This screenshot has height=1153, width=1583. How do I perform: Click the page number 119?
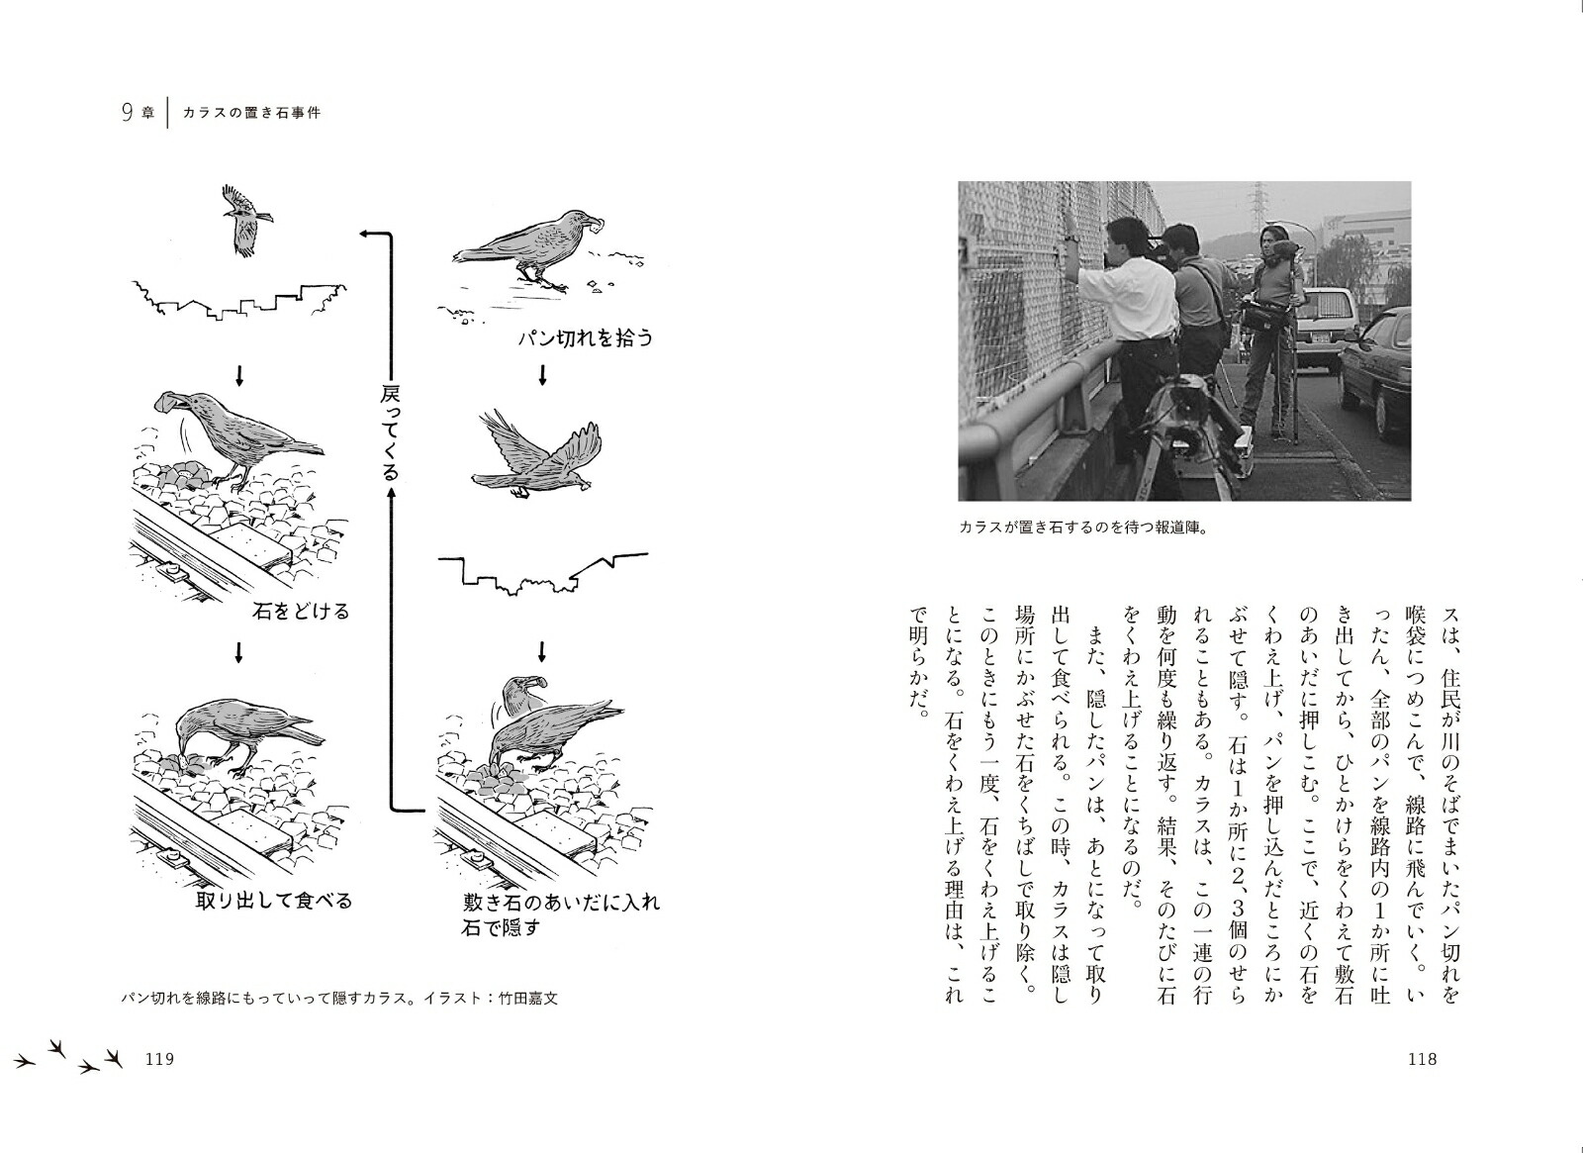click(x=159, y=1059)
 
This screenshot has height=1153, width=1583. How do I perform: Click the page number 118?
click(x=1422, y=1059)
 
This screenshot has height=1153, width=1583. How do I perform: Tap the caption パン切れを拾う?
click(x=586, y=338)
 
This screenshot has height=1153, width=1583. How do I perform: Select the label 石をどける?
click(x=301, y=611)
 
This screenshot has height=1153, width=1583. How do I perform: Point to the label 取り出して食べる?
click(x=274, y=901)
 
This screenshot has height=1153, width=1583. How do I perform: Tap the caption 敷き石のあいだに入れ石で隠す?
click(x=560, y=914)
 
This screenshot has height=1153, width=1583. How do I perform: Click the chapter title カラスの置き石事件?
click(x=252, y=113)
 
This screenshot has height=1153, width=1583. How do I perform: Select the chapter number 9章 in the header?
click(x=138, y=113)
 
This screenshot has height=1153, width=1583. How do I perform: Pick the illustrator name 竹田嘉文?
click(x=528, y=998)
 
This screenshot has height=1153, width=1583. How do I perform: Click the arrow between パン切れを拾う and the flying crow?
click(x=542, y=376)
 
